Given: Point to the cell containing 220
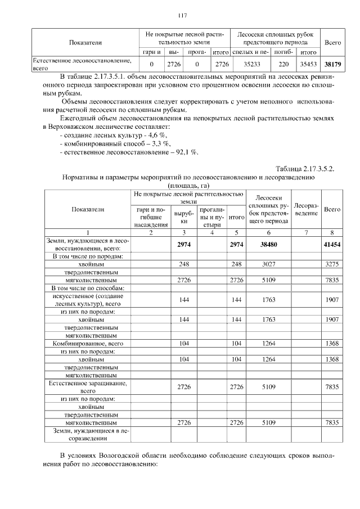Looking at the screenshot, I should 283,64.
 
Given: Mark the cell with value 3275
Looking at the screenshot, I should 335,263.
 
